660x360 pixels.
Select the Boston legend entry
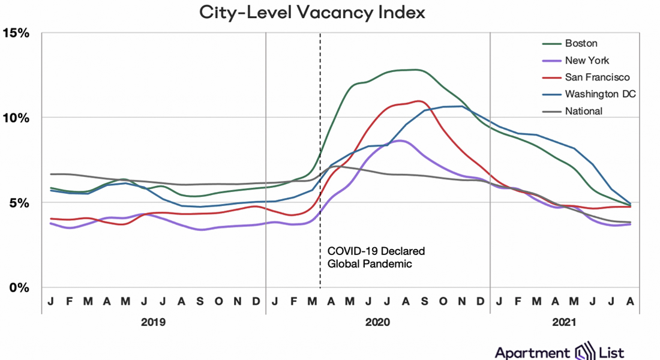click(581, 43)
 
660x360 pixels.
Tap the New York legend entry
click(587, 60)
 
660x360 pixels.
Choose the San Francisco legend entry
click(597, 77)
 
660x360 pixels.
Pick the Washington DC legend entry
click(600, 94)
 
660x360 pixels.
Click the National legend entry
click(583, 110)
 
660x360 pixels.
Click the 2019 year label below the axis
click(154, 322)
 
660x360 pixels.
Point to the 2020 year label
click(378, 322)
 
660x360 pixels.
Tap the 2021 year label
click(564, 322)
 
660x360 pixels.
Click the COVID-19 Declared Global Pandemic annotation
click(376, 257)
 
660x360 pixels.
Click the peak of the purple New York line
click(400, 140)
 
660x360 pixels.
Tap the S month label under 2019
click(200, 301)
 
